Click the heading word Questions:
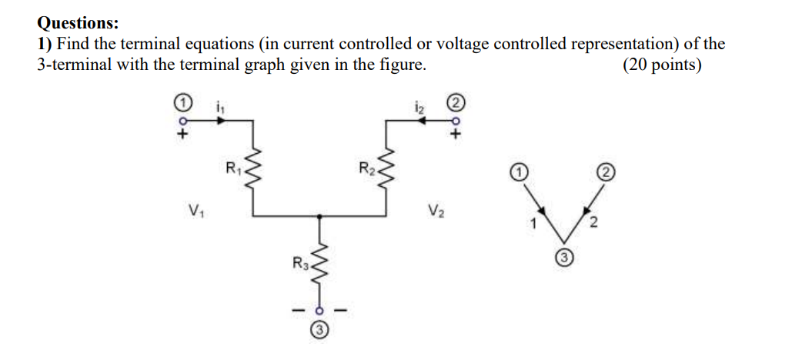pos(78,24)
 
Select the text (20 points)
pos(661,65)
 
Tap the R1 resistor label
pos(232,165)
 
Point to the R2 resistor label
pos(366,165)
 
